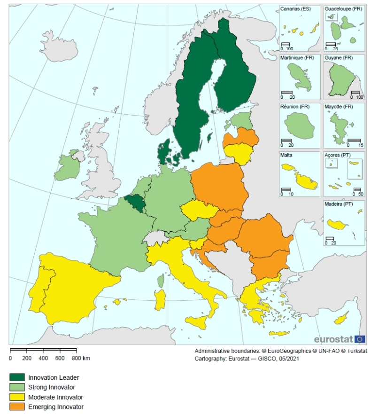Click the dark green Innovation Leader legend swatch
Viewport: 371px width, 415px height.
tap(17, 377)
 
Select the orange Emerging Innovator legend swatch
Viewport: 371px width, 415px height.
tap(17, 407)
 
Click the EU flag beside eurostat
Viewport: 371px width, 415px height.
tap(360, 339)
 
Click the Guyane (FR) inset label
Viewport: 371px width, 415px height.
tap(339, 58)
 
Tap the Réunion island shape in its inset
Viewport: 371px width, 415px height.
tap(299, 126)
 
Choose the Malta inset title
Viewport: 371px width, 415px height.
tap(287, 155)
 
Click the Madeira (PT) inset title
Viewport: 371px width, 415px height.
tap(339, 204)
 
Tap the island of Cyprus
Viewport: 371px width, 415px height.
tap(341, 318)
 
